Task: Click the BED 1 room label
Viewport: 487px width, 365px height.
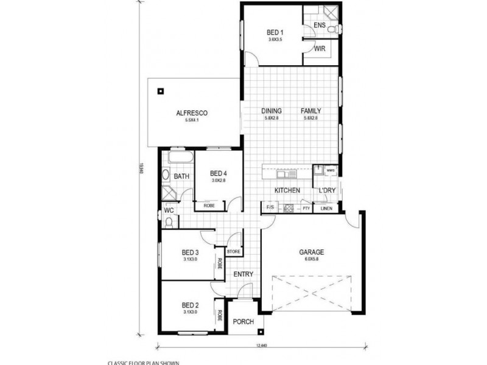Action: pyautogui.click(x=276, y=33)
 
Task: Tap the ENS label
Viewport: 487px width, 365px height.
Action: pyautogui.click(x=319, y=25)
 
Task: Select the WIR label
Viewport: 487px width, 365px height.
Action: pyautogui.click(x=319, y=49)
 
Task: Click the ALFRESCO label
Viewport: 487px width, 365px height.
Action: pyautogui.click(x=192, y=113)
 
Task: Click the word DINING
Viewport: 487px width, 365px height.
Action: pyautogui.click(x=272, y=111)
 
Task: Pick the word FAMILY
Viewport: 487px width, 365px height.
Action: pyautogui.click(x=310, y=111)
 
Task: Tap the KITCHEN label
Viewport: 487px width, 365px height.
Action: pyautogui.click(x=287, y=191)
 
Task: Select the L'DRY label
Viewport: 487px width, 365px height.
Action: pyautogui.click(x=326, y=191)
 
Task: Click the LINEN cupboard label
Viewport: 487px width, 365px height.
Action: pyautogui.click(x=326, y=209)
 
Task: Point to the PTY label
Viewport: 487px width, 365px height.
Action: pyautogui.click(x=306, y=209)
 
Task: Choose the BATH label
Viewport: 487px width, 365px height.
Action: pyautogui.click(x=181, y=176)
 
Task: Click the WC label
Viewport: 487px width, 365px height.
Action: pyautogui.click(x=169, y=212)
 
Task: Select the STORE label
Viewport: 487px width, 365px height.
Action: pyautogui.click(x=234, y=251)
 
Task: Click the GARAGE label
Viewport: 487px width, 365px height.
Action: pyautogui.click(x=311, y=251)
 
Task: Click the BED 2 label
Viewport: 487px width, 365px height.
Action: pyautogui.click(x=191, y=305)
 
